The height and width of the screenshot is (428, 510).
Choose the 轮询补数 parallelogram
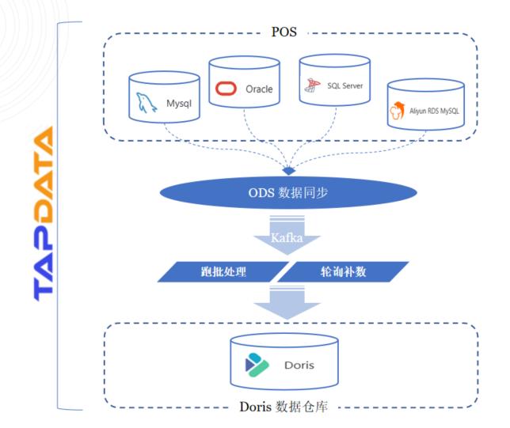pos(347,271)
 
